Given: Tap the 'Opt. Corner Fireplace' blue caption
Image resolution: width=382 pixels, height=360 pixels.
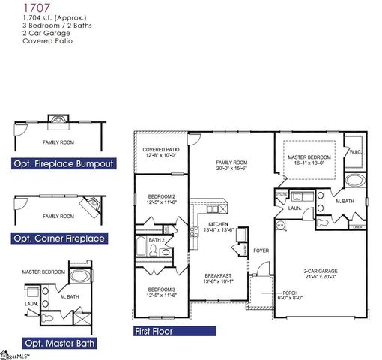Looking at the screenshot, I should [x=58, y=238].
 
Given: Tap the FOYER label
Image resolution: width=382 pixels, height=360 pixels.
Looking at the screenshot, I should [x=260, y=250].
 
